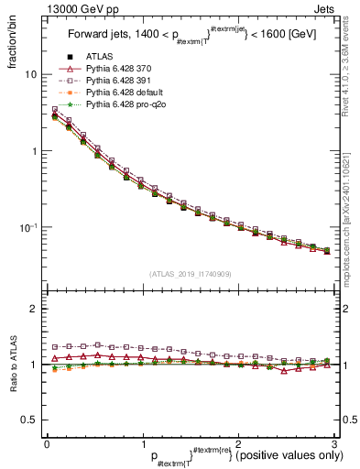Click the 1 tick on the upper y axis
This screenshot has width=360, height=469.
[x=34, y=150]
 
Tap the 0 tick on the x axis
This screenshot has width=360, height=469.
[x=47, y=443]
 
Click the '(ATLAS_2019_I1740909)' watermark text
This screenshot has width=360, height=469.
[x=190, y=274]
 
